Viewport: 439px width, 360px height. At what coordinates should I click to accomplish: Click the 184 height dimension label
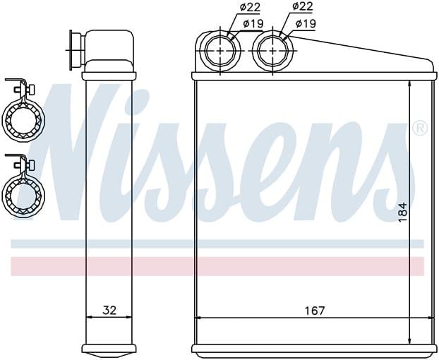tap(402, 212)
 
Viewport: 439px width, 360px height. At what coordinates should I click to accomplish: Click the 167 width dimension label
tap(314, 311)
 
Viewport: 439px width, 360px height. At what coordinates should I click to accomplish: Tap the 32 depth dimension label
tap(109, 310)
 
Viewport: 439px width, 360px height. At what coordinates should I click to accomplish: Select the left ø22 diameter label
tap(250, 7)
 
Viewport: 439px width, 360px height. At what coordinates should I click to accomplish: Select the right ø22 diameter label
tap(303, 6)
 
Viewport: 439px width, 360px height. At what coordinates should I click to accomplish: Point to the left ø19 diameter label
tap(253, 23)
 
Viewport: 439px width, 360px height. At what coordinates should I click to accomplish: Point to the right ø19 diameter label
tap(306, 23)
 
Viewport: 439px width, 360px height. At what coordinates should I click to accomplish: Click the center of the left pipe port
tap(221, 51)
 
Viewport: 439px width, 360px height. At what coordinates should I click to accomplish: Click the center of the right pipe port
tap(272, 51)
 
